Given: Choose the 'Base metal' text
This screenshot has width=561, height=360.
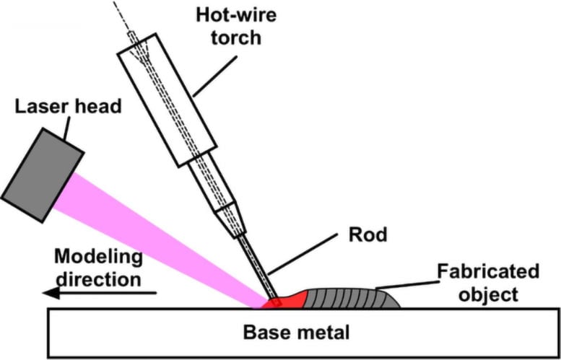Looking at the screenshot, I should tap(296, 333).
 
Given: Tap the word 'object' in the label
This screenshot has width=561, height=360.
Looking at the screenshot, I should tap(489, 294).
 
